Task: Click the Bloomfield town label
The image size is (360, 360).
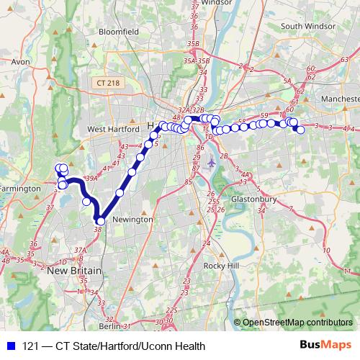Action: [x=119, y=32]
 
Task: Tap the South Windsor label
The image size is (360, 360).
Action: [x=310, y=26]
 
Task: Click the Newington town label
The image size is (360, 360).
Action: [x=132, y=219]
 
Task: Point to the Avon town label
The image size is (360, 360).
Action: [x=20, y=62]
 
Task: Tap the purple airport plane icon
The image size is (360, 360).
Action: [x=211, y=163]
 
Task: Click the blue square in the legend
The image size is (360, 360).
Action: [x=8, y=346]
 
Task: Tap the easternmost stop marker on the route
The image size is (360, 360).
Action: [x=300, y=129]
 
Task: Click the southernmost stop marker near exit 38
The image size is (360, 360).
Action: [x=101, y=220]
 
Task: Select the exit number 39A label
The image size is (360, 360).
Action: [x=91, y=178]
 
